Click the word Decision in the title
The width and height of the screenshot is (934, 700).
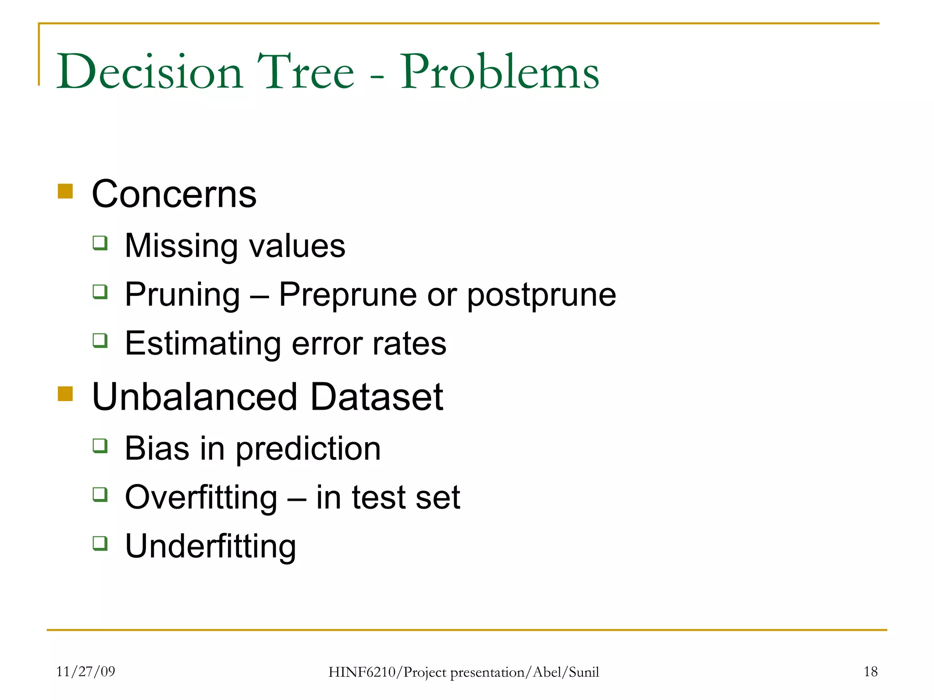pyautogui.click(x=150, y=72)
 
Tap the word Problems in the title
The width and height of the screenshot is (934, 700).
pyautogui.click(x=499, y=72)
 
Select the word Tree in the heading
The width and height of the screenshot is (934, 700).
pyautogui.click(x=306, y=72)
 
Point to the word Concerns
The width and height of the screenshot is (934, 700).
pyautogui.click(x=174, y=194)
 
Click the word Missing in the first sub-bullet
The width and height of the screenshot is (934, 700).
pyautogui.click(x=181, y=246)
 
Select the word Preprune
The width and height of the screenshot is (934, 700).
pyautogui.click(x=348, y=295)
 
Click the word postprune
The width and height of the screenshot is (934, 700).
pyautogui.click(x=541, y=295)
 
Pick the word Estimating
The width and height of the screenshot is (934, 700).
pyautogui.click(x=203, y=344)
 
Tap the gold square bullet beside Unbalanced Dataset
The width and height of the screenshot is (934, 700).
pyautogui.click(x=65, y=393)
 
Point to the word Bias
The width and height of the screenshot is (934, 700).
pyautogui.click(x=157, y=448)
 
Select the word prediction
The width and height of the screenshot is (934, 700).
pyautogui.click(x=308, y=448)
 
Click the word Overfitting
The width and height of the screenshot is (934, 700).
pyautogui.click(x=201, y=497)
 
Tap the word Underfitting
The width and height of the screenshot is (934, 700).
pyautogui.click(x=210, y=546)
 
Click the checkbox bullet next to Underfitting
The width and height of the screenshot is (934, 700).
pyautogui.click(x=100, y=543)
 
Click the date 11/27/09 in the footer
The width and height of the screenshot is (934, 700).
pyautogui.click(x=85, y=671)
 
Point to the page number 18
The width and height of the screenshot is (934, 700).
pyautogui.click(x=870, y=671)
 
